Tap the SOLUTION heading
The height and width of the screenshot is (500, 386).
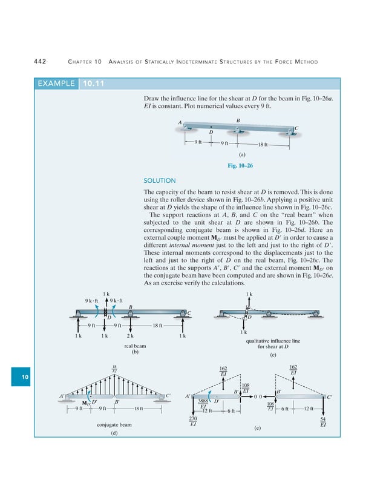tap(159, 180)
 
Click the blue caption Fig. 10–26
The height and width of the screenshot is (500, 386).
tap(240, 165)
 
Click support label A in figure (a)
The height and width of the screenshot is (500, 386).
tap(180, 123)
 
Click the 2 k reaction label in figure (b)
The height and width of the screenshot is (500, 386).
tap(130, 335)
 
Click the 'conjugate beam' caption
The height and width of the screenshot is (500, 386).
tap(115, 424)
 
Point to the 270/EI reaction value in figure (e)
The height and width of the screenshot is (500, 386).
tap(193, 421)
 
